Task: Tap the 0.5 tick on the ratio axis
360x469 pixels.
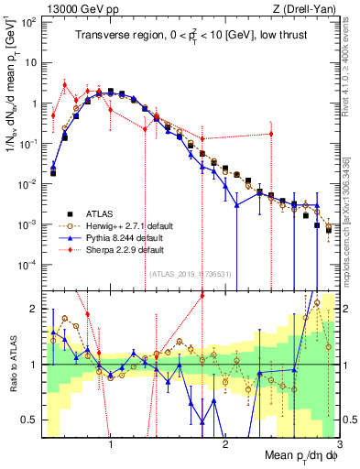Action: [28, 420]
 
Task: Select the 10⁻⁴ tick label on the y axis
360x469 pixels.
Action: [28, 265]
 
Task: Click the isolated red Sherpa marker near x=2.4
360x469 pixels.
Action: [270, 135]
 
